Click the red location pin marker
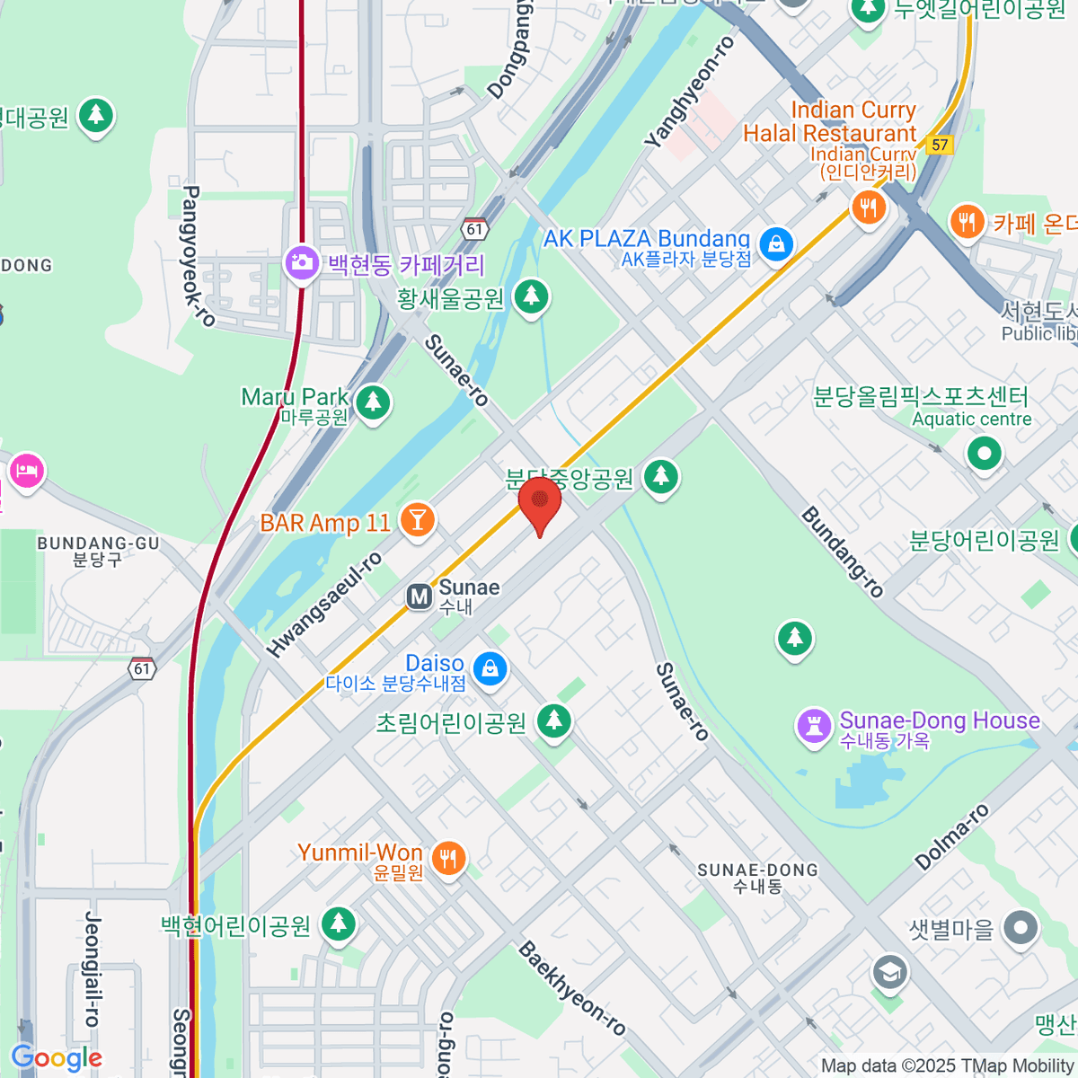[x=540, y=502]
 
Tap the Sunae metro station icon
[x=419, y=596]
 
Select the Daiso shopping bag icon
[x=490, y=668]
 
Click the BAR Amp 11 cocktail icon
[x=417, y=519]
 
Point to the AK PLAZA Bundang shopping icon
[x=776, y=243]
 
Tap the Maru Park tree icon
[x=373, y=402]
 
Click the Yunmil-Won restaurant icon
[x=447, y=857]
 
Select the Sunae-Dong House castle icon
[x=814, y=727]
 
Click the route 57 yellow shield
[x=940, y=145]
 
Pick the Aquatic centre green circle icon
[x=985, y=454]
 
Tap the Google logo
[x=57, y=1058]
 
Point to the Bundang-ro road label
[x=843, y=552]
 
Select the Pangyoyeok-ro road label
[x=199, y=256]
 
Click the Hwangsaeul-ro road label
[x=324, y=605]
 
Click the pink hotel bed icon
[x=26, y=471]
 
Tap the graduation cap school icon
[x=889, y=972]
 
